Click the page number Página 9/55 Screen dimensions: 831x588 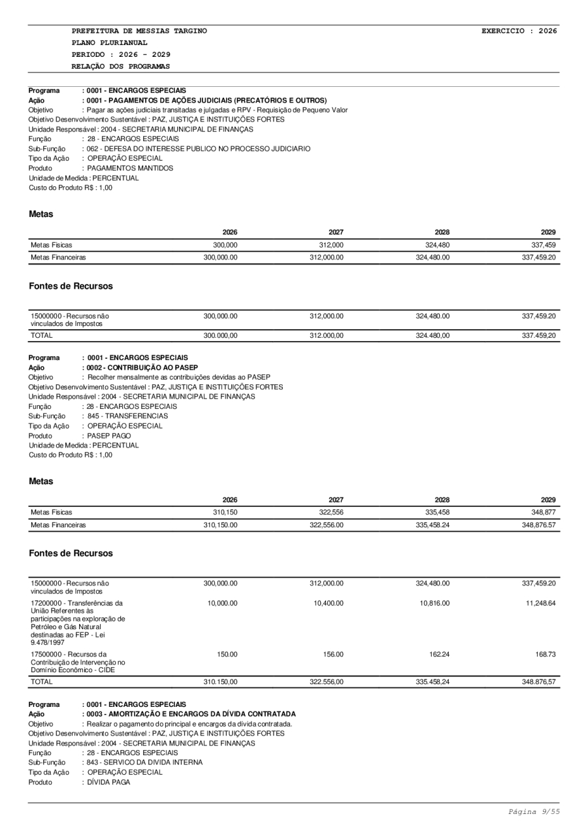[533, 811]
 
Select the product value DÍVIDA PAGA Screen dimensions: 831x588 [109, 782]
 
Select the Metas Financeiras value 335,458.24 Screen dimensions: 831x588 [432, 524]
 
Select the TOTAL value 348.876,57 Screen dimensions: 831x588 [538, 681]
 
